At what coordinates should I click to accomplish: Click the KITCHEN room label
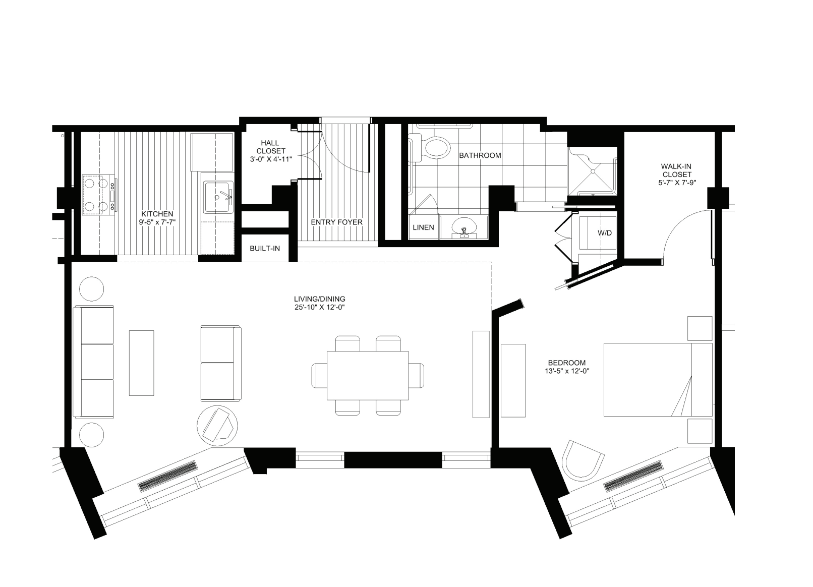[157, 214]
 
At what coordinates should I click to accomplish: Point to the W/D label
[604, 233]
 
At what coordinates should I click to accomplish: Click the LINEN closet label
[423, 227]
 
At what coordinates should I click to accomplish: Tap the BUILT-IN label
[265, 249]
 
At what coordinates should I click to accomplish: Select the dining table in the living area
[368, 375]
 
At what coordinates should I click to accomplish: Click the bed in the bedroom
[657, 380]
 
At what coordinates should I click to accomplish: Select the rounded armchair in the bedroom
[583, 461]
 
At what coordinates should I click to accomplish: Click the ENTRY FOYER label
[336, 222]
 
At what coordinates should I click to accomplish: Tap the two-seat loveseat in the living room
[220, 363]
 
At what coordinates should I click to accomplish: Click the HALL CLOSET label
[270, 151]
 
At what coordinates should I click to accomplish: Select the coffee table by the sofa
[141, 362]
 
